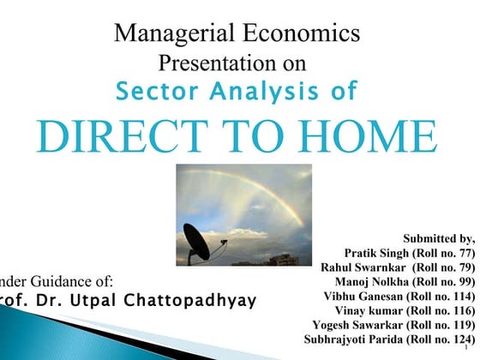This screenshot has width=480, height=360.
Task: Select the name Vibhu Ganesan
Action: click(364, 297)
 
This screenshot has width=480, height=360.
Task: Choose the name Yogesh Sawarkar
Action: click(359, 326)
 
